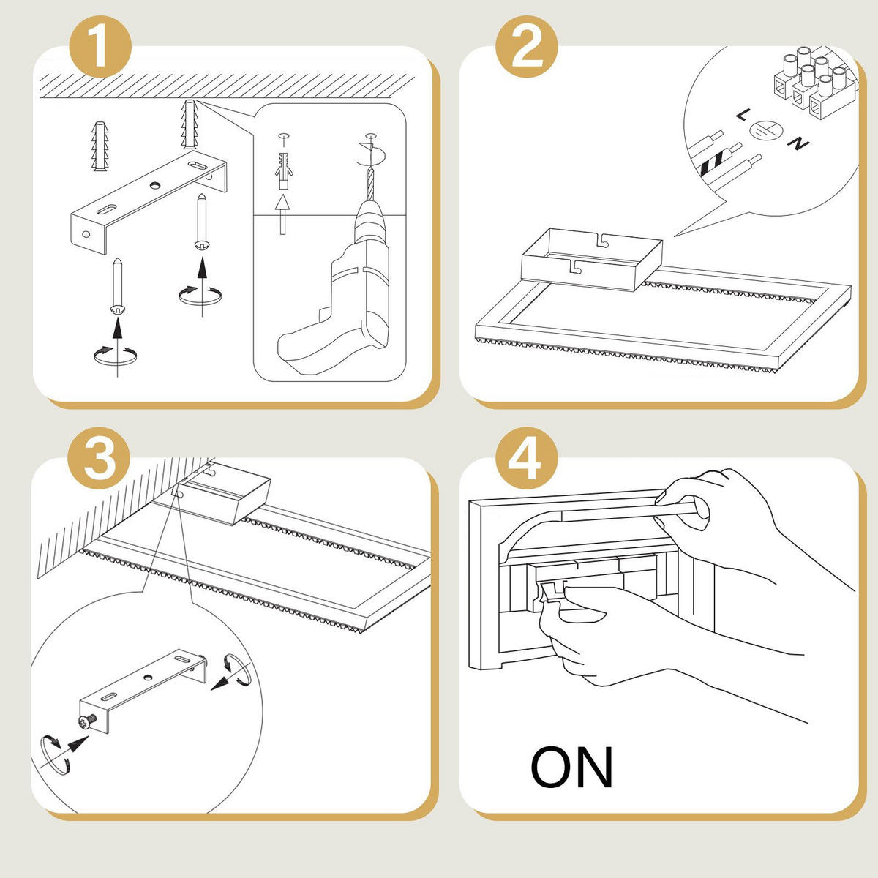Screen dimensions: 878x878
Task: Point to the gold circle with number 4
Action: pyautogui.click(x=527, y=459)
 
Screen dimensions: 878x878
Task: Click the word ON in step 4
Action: pyautogui.click(x=571, y=768)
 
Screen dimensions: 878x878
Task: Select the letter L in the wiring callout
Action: pyautogui.click(x=743, y=115)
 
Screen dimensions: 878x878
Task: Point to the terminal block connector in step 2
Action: pyautogui.click(x=812, y=80)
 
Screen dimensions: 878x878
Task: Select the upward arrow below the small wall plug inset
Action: pyautogui.click(x=282, y=212)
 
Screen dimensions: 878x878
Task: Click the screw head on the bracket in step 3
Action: pyautogui.click(x=89, y=721)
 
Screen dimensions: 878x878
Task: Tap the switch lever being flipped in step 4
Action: pyautogui.click(x=549, y=593)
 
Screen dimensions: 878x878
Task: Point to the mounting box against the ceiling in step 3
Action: pyautogui.click(x=225, y=495)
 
